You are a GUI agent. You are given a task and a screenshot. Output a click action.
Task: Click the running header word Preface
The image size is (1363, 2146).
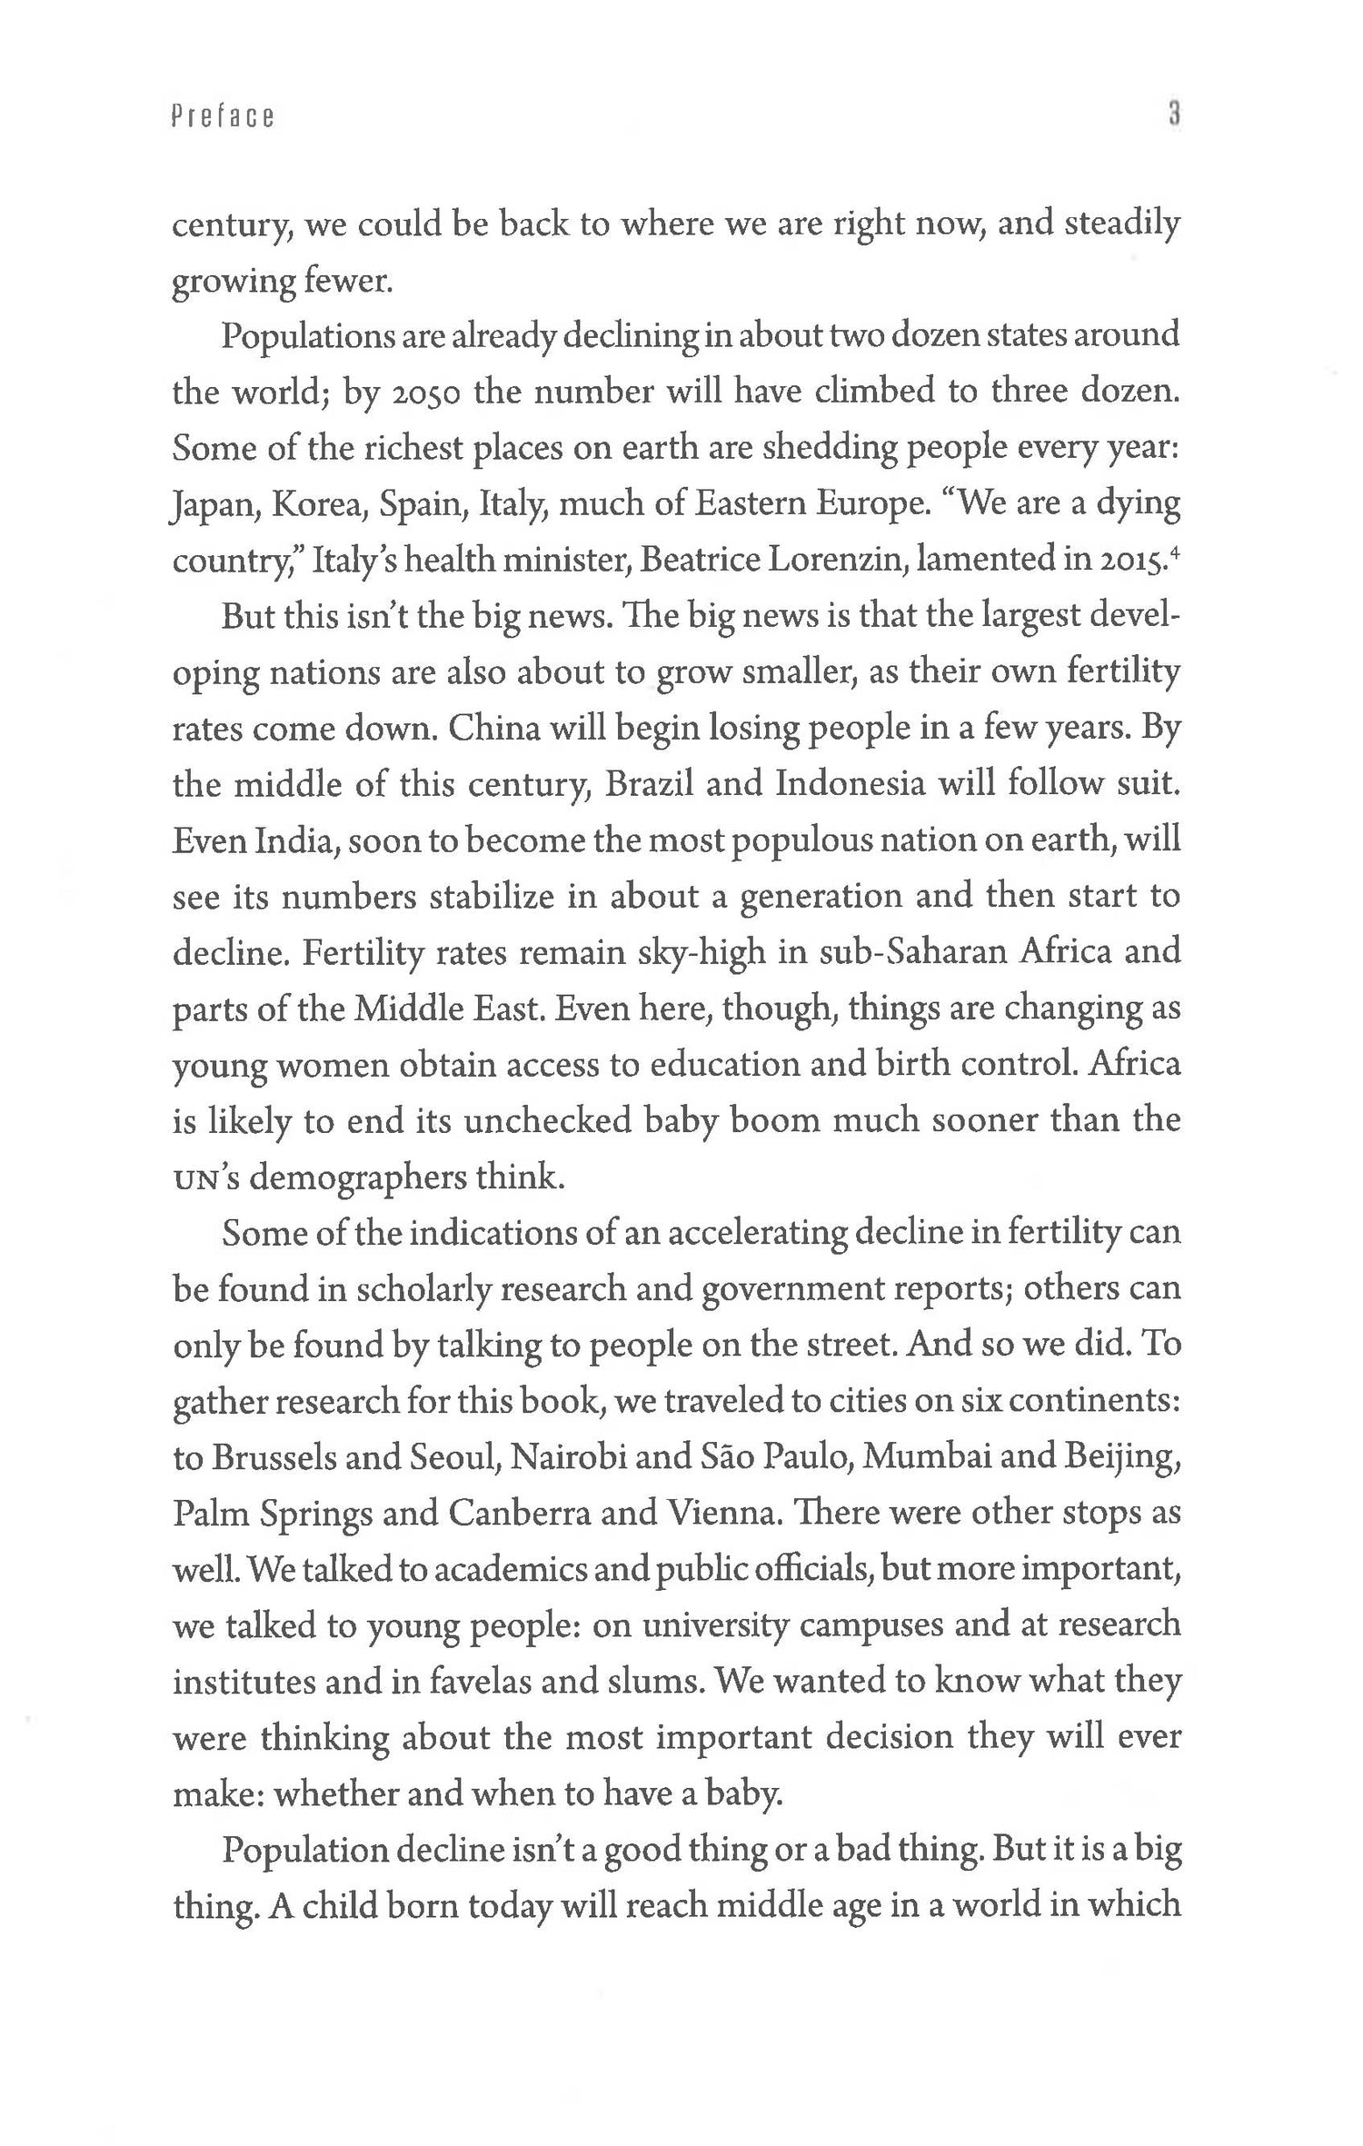pos(223,117)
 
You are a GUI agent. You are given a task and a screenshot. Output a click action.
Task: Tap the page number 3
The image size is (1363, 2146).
pos(1173,115)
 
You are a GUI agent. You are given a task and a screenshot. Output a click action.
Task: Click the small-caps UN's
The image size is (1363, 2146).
pos(205,1178)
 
